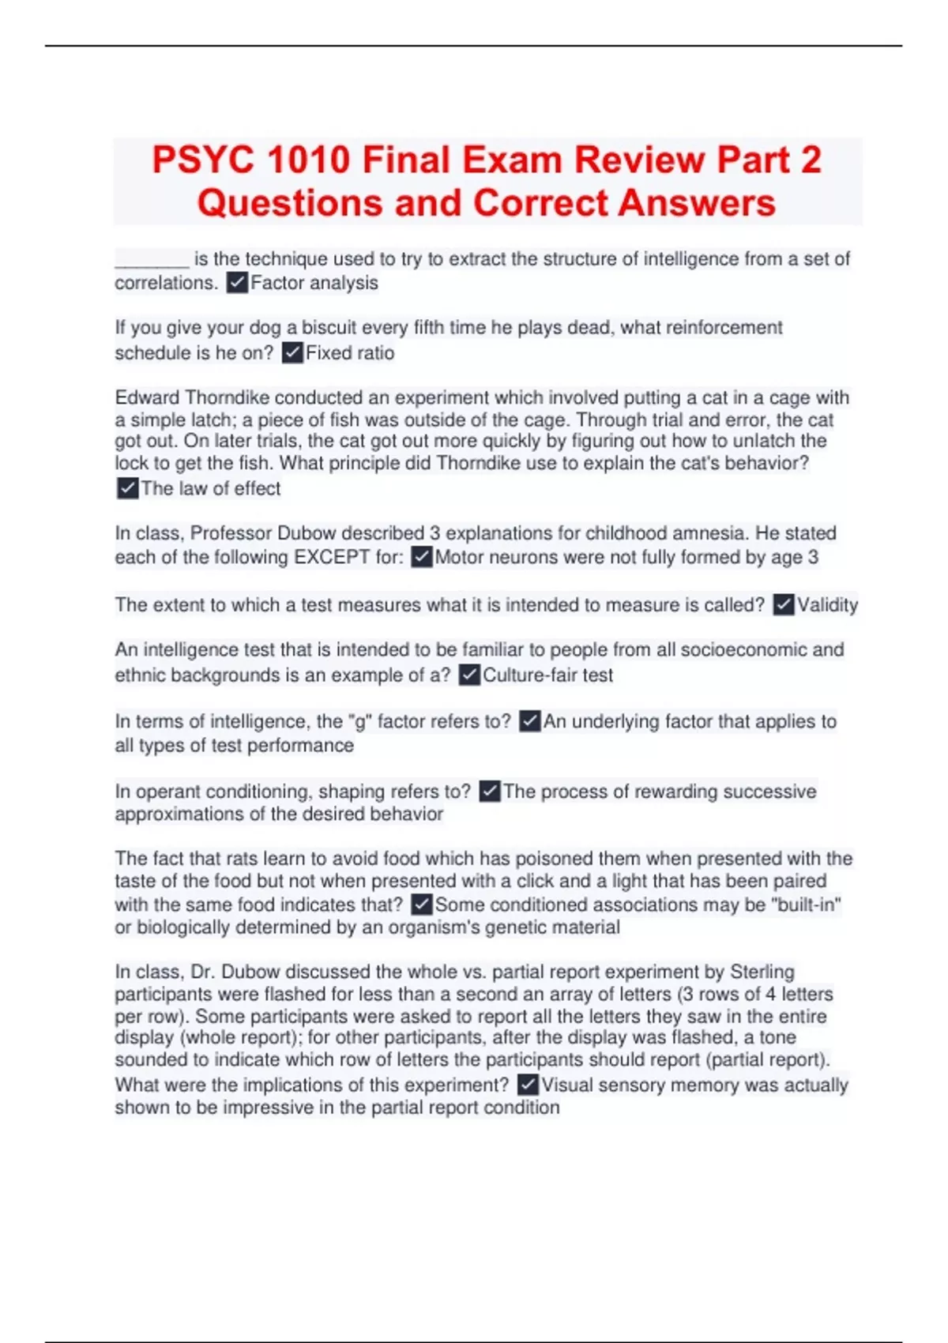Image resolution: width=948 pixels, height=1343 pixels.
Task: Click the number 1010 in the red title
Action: coord(308,160)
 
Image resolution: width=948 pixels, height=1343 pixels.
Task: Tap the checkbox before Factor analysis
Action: coord(237,283)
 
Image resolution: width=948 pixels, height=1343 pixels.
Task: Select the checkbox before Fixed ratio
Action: coord(292,352)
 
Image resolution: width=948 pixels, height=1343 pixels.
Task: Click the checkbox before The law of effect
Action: coord(127,488)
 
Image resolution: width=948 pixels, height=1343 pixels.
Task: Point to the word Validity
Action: coord(827,605)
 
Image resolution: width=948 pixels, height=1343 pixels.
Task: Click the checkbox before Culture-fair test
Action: coord(469,675)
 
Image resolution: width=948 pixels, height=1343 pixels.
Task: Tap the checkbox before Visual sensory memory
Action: coord(528,1085)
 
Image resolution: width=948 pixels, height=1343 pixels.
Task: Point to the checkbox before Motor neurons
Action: coord(422,558)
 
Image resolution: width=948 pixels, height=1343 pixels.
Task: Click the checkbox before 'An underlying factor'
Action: coord(529,721)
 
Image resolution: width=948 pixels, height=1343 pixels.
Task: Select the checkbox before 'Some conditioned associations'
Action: coord(422,905)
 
